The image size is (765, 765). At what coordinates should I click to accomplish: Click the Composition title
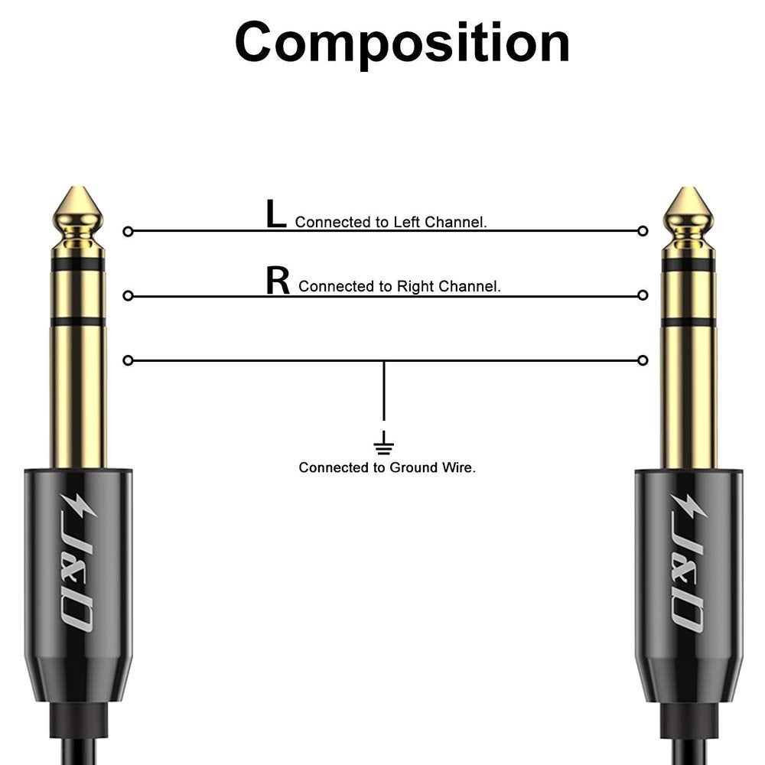(x=402, y=42)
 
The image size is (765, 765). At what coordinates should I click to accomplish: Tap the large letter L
(x=275, y=215)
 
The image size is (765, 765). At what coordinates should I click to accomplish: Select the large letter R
(x=278, y=281)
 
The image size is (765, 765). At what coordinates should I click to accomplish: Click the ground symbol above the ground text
(x=383, y=444)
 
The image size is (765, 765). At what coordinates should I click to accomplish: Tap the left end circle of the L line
(x=128, y=230)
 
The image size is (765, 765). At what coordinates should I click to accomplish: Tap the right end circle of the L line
(x=643, y=230)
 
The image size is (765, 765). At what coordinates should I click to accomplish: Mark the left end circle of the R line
(x=128, y=295)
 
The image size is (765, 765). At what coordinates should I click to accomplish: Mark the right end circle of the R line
(x=643, y=295)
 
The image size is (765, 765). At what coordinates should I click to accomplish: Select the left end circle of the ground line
(x=128, y=360)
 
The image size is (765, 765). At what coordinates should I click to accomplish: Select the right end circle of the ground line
(x=643, y=360)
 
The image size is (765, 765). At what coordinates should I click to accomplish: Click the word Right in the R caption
(x=414, y=287)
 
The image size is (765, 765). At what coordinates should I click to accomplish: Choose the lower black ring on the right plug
(x=688, y=322)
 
